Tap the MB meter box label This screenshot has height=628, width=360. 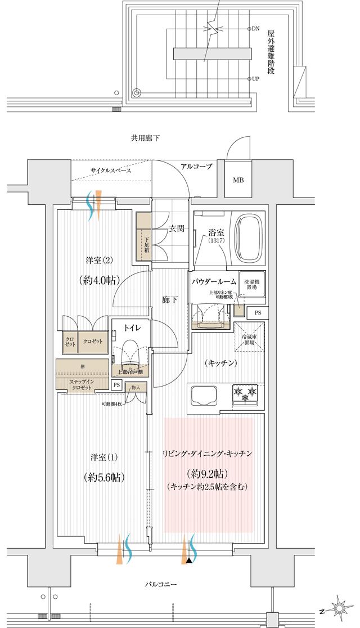[238, 181]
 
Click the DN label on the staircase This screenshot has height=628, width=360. [255, 28]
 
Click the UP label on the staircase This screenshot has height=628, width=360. [255, 79]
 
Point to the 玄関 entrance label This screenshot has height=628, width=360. [177, 228]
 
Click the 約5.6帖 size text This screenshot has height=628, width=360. [102, 477]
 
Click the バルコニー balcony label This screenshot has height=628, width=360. [160, 585]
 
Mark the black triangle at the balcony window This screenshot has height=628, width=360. [190, 560]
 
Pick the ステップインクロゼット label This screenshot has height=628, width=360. [82, 384]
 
